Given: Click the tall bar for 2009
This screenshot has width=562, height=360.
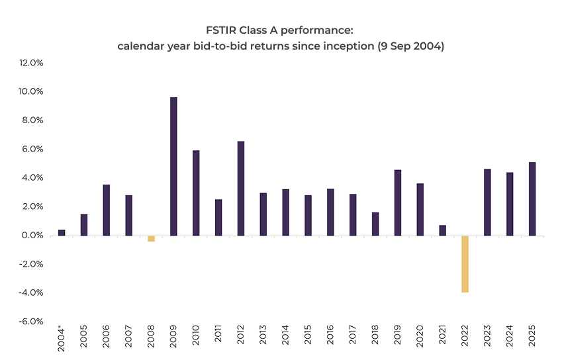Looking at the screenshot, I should [x=173, y=166].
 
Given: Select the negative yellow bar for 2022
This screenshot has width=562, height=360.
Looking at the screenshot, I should [x=465, y=263].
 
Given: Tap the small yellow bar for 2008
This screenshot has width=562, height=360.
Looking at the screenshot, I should [x=151, y=238].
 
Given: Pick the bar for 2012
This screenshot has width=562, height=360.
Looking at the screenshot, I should [x=241, y=188].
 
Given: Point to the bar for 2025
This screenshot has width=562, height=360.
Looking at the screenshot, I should [x=532, y=199].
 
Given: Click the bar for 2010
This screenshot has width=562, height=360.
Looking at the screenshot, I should [x=196, y=193].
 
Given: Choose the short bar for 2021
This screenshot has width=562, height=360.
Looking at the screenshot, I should [x=442, y=230].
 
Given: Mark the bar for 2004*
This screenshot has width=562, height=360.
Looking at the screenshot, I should [x=62, y=232].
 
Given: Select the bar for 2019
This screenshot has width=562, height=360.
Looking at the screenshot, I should [x=398, y=202].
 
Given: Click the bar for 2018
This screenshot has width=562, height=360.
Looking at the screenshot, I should [x=375, y=224].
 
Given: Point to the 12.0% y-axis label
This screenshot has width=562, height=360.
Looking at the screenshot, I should [x=31, y=63].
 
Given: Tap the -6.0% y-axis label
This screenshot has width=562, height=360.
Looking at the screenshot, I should [x=31, y=322].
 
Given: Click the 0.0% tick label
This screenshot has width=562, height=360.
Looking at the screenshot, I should [x=33, y=236].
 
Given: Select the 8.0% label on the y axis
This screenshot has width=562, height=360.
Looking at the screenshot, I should [x=33, y=120].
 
